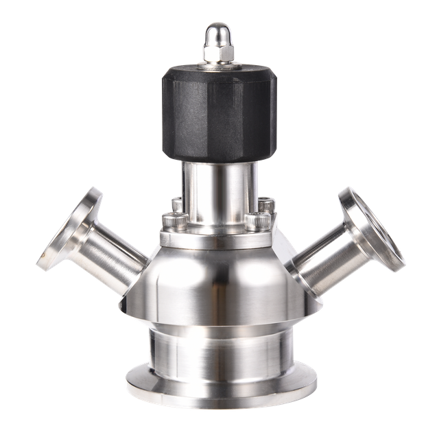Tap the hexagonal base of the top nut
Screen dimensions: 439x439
click(x=219, y=51)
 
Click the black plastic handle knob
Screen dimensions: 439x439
click(x=219, y=113)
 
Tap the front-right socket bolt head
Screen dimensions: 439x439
click(x=258, y=224)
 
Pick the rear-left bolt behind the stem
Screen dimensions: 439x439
click(x=176, y=204)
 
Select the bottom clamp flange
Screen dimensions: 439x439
click(x=219, y=391)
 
